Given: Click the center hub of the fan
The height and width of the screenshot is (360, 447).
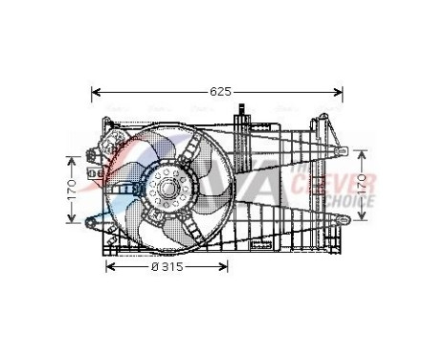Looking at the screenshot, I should [x=168, y=189].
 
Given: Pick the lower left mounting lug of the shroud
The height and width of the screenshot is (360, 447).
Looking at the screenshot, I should [x=93, y=223].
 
